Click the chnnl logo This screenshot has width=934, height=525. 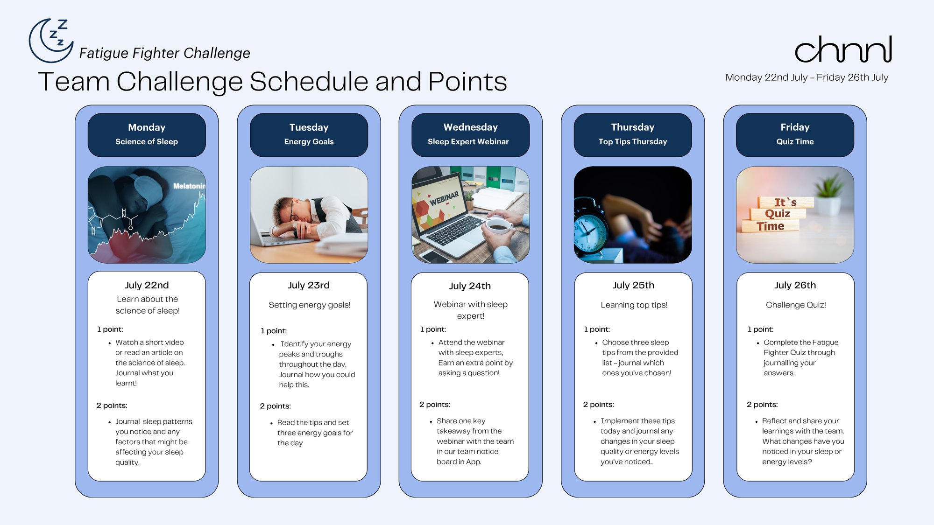point(843,49)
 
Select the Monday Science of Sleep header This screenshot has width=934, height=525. point(147,135)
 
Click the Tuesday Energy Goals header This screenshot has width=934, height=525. point(309,135)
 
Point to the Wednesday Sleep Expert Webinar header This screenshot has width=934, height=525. point(470,135)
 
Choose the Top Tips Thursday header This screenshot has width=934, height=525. point(633,135)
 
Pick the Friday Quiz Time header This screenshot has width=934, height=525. point(795,135)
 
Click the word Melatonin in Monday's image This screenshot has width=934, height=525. point(189,186)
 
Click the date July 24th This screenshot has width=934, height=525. point(470,286)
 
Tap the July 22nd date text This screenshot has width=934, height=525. point(147,285)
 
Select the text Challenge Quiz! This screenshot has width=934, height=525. point(796,305)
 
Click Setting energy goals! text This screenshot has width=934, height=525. point(309,305)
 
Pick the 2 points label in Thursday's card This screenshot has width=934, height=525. point(598,405)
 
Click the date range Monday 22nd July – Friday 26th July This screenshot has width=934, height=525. point(807,77)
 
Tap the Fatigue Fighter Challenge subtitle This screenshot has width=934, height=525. point(164,53)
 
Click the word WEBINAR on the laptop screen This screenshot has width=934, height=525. point(444,198)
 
